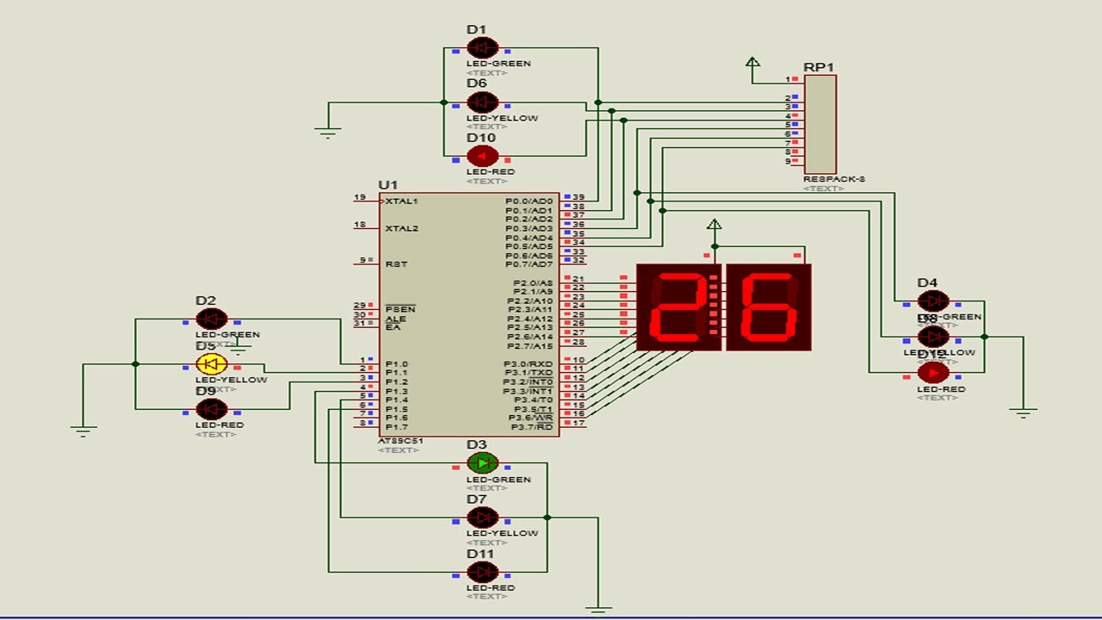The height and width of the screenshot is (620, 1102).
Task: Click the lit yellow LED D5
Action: (x=212, y=364)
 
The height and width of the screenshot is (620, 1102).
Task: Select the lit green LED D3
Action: (x=482, y=463)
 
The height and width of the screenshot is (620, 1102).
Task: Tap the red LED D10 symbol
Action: (x=482, y=156)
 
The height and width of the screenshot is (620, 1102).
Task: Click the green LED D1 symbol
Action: (x=482, y=47)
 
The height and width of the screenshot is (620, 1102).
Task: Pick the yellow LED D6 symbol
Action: (x=482, y=102)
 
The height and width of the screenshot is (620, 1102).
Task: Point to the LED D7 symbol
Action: (x=482, y=518)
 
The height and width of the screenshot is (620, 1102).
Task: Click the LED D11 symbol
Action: (x=482, y=572)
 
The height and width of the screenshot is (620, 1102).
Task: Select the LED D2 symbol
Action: (x=212, y=319)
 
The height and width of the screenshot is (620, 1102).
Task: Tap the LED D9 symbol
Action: (x=212, y=409)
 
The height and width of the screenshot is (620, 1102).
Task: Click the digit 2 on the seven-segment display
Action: (x=678, y=307)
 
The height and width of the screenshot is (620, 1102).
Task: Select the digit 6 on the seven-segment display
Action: (x=769, y=307)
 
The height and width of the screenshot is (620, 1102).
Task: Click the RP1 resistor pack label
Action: (x=818, y=67)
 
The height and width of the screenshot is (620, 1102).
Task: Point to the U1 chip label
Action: (x=387, y=185)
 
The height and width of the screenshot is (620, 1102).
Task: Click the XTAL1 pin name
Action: (x=401, y=201)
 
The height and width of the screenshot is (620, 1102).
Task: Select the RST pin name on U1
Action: (x=396, y=264)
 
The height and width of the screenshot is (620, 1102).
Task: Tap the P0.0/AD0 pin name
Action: (x=529, y=201)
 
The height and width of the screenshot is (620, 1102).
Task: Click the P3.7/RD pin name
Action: (x=532, y=427)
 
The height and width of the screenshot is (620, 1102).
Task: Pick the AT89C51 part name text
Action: (x=400, y=441)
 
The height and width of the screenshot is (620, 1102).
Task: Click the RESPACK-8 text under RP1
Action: (x=833, y=179)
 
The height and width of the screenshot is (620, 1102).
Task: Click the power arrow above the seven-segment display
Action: (x=714, y=226)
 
